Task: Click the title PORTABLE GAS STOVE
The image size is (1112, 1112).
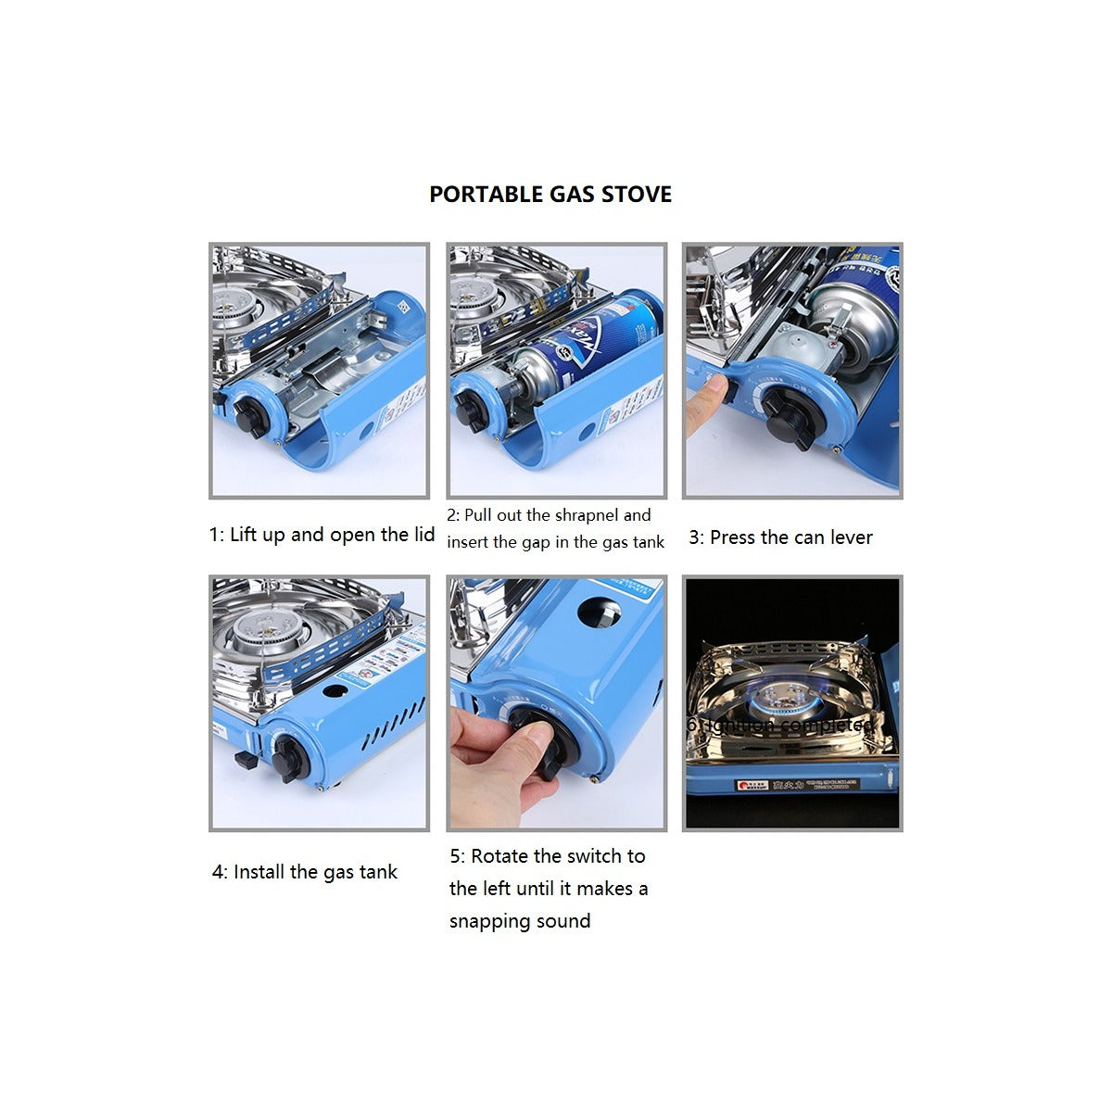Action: coord(550,195)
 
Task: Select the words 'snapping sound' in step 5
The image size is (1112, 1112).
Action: coord(520,921)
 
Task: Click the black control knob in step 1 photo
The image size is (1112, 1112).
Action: coord(251,418)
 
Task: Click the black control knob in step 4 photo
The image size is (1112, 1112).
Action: coord(289,760)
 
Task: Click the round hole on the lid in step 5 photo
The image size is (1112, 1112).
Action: coord(599,613)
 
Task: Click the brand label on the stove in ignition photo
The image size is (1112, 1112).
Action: coord(752,786)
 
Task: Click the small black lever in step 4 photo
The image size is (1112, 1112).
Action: coord(245,760)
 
